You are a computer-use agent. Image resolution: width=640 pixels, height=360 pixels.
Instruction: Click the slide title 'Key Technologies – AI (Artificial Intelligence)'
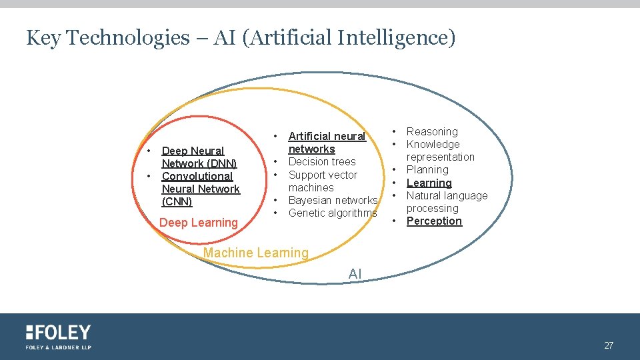coord(241,38)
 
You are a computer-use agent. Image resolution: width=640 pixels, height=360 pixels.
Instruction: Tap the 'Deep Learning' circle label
coord(199,223)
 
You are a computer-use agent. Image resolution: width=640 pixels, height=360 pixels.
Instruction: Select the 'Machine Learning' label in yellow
coord(256,253)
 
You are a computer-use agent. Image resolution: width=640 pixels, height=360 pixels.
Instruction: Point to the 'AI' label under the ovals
coord(355,273)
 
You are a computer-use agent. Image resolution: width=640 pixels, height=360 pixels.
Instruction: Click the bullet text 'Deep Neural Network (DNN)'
coord(199,157)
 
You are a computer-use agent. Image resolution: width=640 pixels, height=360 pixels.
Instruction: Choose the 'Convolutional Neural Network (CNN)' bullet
coord(200,189)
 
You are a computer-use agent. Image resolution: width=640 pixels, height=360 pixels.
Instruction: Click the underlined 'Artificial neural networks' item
coord(327,143)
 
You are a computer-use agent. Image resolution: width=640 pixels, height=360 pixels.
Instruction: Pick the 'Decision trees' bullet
coord(322,161)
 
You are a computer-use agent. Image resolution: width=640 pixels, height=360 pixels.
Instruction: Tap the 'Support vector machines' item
coord(323,181)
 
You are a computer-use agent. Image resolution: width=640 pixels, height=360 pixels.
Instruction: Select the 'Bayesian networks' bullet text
coord(333,200)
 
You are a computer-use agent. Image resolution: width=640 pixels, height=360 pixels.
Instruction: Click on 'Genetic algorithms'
coord(333,213)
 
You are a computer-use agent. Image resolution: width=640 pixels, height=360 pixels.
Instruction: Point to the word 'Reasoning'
coord(432,131)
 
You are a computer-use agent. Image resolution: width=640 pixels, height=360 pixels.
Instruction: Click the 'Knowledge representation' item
coord(440,151)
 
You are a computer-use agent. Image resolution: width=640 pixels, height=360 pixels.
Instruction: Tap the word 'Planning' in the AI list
coord(427,169)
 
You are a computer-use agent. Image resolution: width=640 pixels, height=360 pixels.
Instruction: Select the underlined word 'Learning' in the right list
coord(429,183)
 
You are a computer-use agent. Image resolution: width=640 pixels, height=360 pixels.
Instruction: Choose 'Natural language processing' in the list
coord(447,202)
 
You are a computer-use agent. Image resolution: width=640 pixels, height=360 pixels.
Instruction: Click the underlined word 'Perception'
coord(434,221)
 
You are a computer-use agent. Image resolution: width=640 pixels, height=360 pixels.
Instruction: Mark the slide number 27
coord(609,345)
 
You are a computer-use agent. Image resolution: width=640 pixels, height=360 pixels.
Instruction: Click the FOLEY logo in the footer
coord(59,333)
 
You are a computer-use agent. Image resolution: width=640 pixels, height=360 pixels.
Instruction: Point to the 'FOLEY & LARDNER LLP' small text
coord(59,347)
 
